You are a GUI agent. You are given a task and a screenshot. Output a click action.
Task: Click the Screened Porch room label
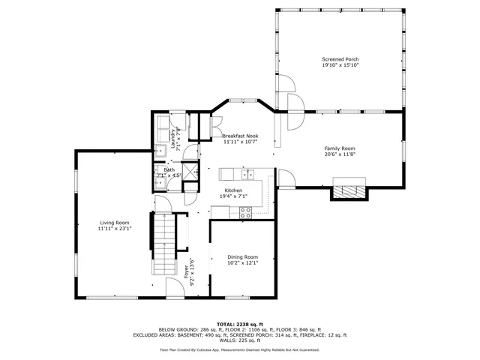(340, 58)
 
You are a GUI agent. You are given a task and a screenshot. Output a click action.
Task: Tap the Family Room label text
(340, 148)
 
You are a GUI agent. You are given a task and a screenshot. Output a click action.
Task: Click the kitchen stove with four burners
(245, 211)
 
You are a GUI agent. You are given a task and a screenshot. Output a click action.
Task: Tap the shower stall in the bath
(190, 173)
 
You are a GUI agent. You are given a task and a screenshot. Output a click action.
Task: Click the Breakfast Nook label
(240, 135)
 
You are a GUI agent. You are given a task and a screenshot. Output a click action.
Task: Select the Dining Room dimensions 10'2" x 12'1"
(243, 263)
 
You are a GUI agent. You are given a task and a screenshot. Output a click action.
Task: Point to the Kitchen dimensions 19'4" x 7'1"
(239, 196)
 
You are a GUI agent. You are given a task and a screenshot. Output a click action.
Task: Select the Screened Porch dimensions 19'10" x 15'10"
(340, 65)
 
